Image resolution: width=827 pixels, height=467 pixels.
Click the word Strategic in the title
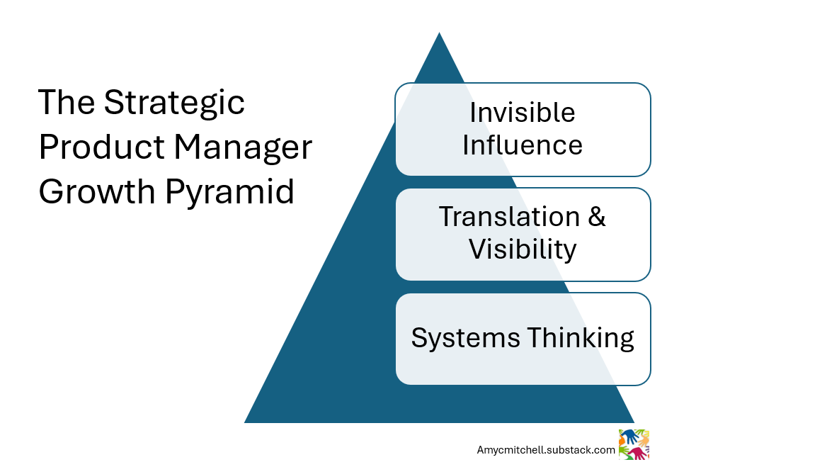point(174,103)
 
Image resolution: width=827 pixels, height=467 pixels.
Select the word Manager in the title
point(244,147)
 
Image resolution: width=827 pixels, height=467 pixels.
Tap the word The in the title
point(66,103)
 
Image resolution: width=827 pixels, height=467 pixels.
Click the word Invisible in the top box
point(523,112)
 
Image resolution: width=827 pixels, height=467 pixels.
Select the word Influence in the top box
point(523,145)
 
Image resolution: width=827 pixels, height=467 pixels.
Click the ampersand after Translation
point(597,216)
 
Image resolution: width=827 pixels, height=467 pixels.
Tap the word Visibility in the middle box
point(523,249)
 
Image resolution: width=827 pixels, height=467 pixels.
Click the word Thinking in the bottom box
point(578,337)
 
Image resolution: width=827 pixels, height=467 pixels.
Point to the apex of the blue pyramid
point(439,34)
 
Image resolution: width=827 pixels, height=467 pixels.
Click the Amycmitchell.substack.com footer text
point(546,450)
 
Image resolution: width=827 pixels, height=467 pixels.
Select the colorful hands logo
point(634,444)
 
